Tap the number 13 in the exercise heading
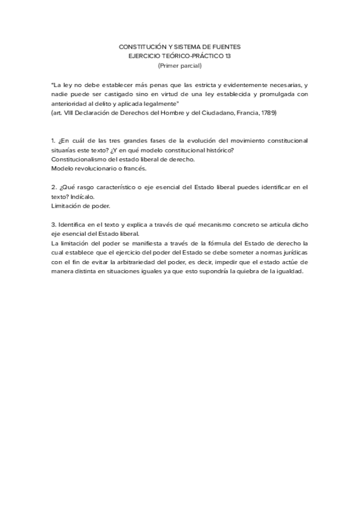click(x=235, y=56)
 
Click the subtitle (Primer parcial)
click(x=180, y=65)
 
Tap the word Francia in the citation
click(x=242, y=112)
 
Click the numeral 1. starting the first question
click(x=53, y=140)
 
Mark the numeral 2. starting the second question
click(x=54, y=187)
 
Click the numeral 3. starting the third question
click(x=54, y=224)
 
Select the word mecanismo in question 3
click(x=206, y=224)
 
